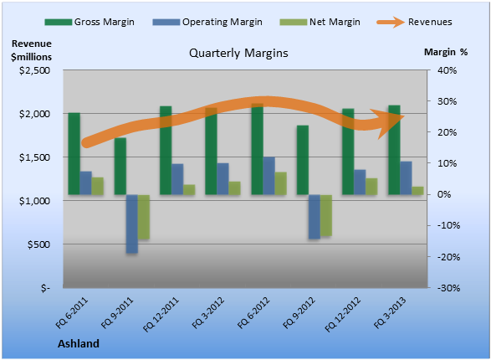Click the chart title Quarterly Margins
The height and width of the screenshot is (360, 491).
coord(238,54)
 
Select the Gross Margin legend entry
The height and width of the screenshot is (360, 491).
coord(90,22)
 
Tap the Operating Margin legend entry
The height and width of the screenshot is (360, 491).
coord(207,22)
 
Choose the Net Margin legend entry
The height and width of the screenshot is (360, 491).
coord(320,22)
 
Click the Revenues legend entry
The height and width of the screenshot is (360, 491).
coord(414,22)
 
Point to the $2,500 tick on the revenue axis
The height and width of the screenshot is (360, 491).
coord(35,70)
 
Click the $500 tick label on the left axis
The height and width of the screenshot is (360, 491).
coord(38,244)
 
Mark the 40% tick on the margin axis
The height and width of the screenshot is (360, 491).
coord(448,70)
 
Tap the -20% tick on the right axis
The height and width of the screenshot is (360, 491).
coord(448,257)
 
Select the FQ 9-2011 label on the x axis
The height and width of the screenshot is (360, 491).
coord(117,313)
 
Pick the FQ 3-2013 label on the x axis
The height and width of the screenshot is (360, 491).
coord(390,313)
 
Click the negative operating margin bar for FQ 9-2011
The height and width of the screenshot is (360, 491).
coord(132,224)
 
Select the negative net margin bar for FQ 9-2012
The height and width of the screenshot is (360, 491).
coord(326,215)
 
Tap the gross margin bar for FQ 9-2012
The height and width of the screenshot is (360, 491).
coord(303,160)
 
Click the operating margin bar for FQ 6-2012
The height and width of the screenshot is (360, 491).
coord(269,176)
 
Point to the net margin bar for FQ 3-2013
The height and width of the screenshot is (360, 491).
coord(417,191)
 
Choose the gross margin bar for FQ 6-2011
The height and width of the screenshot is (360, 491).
coord(74,153)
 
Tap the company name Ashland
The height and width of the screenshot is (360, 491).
coord(79,344)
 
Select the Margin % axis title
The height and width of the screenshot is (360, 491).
coord(446,52)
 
